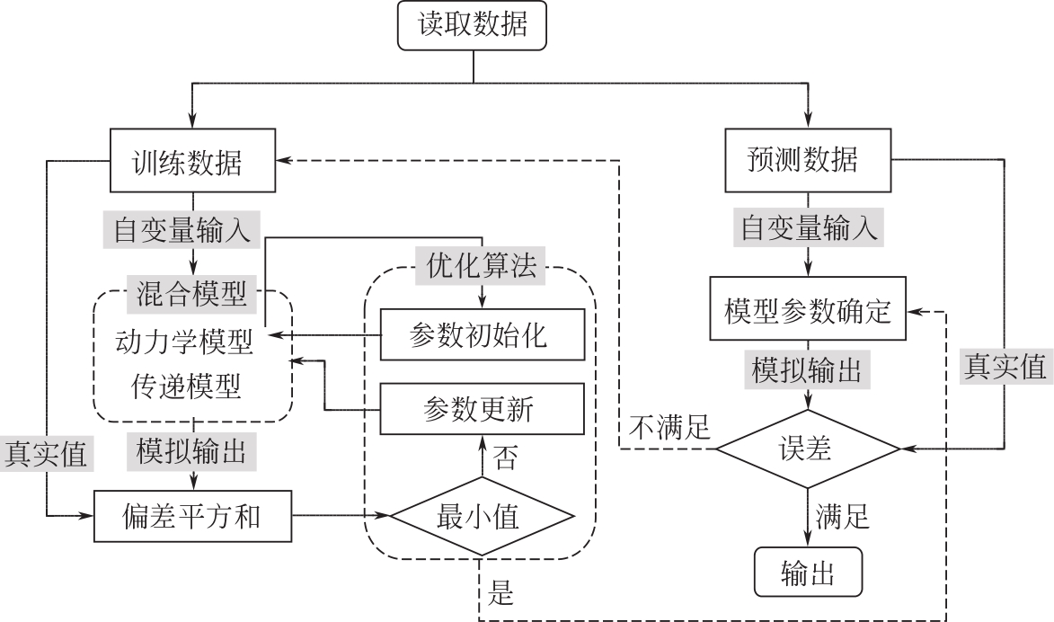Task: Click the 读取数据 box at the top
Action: point(472,26)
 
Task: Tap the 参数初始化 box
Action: point(482,335)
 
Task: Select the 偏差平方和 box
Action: point(193,516)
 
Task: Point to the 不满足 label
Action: point(670,429)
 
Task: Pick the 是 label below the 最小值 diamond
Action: point(501,593)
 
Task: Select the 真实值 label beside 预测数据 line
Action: point(1005,367)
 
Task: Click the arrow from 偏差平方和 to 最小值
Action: point(341,516)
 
